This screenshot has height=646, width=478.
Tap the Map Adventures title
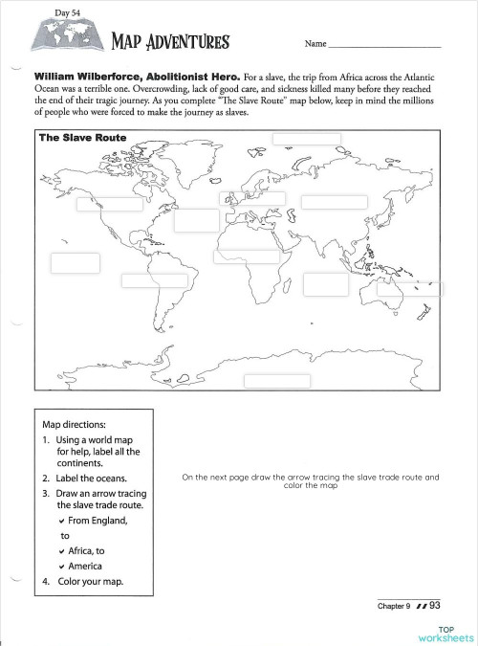[170, 42]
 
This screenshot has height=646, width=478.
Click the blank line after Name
[385, 45]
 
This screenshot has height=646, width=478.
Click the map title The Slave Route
[82, 137]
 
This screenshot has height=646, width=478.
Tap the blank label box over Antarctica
[276, 381]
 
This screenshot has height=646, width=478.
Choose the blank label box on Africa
[247, 256]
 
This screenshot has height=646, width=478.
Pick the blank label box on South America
[154, 280]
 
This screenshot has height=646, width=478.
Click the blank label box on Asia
[335, 201]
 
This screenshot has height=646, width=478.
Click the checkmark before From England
[61, 522]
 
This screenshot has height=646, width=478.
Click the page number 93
[436, 605]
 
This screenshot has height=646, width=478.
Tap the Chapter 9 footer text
[394, 606]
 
